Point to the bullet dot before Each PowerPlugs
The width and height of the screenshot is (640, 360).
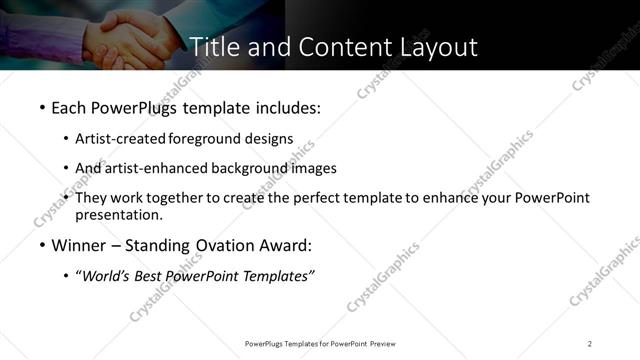pos(41,106)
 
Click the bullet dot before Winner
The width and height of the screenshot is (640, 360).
pos(41,245)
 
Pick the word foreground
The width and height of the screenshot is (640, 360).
pos(209,138)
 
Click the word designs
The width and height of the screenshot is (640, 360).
pos(271,138)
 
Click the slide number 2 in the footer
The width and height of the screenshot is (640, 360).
pos(590,343)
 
